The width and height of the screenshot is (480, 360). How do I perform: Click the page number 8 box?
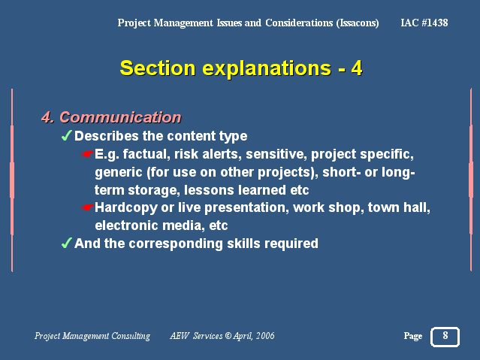[x=445, y=337]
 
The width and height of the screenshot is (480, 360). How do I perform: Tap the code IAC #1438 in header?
[x=424, y=23]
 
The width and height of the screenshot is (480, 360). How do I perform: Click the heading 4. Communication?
[x=111, y=117]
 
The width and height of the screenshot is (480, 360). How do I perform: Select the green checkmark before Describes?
[x=66, y=135]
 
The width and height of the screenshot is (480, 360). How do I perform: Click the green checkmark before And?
[x=66, y=243]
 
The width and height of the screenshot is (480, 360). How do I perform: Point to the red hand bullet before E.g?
[x=88, y=154]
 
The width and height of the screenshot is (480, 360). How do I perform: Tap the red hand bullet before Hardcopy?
[x=88, y=207]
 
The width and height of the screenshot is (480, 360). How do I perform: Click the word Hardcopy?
[x=126, y=208]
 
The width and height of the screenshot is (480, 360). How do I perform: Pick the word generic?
[x=119, y=173]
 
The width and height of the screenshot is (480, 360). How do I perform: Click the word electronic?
[x=126, y=225]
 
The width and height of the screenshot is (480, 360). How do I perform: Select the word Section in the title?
[x=157, y=68]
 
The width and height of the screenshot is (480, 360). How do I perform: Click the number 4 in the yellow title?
[x=357, y=68]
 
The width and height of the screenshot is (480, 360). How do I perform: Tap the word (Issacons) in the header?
[x=358, y=23]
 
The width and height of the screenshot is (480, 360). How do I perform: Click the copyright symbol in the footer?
[x=228, y=336]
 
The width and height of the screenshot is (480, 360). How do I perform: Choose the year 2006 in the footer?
[x=265, y=336]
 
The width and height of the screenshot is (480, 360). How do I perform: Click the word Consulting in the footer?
[x=131, y=336]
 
